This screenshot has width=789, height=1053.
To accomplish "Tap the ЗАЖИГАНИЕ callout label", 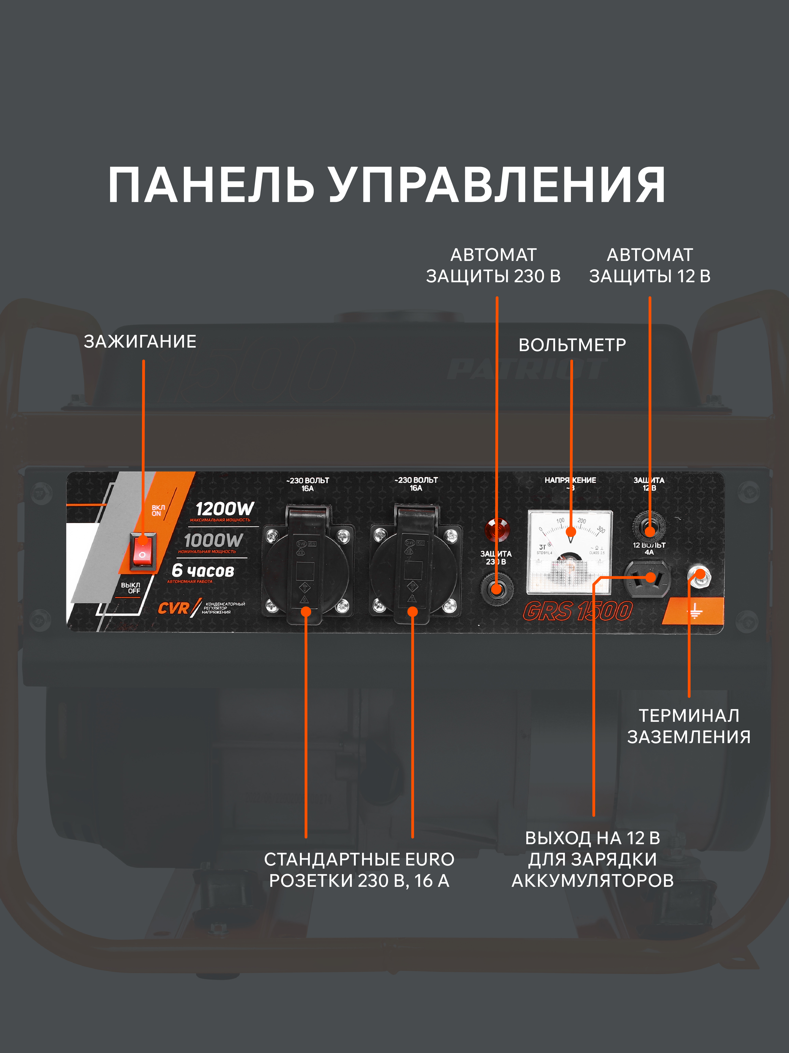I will (140, 341).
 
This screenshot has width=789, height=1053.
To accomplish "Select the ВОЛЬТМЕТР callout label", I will (572, 345).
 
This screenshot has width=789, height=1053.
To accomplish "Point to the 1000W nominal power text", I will (213, 540).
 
